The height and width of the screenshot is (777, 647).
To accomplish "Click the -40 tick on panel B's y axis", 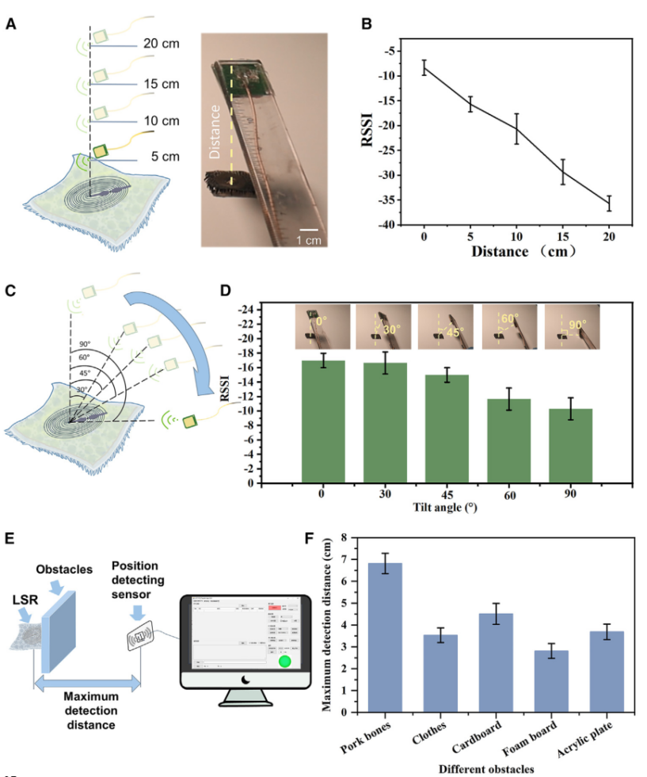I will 390,225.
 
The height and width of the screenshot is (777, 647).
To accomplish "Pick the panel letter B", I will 366,24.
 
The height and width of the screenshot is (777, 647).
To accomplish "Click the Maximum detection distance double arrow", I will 86,682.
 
